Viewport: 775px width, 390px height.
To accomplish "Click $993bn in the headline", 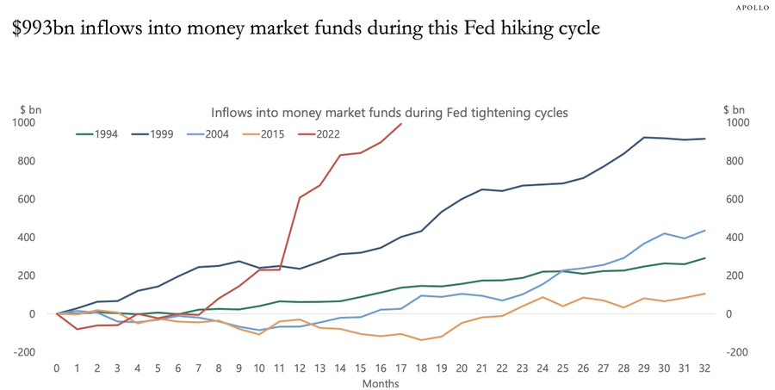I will tap(41, 28).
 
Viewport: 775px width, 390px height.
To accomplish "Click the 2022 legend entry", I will tap(327, 133).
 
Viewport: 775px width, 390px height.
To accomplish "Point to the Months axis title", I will tap(380, 381).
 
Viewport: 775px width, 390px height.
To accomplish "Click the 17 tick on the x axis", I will tap(401, 368).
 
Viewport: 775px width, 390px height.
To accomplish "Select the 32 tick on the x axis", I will tap(704, 368).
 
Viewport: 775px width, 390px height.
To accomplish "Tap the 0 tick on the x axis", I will tap(57, 368).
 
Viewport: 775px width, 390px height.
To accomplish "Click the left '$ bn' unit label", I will tap(31, 110).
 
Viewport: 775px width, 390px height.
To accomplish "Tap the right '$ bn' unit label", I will tap(735, 110).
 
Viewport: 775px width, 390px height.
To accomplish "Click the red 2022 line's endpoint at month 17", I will tap(401, 124).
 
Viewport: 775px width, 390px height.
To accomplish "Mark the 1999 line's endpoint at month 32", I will tap(704, 139).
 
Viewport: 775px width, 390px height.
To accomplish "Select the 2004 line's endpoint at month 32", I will tap(704, 231).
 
